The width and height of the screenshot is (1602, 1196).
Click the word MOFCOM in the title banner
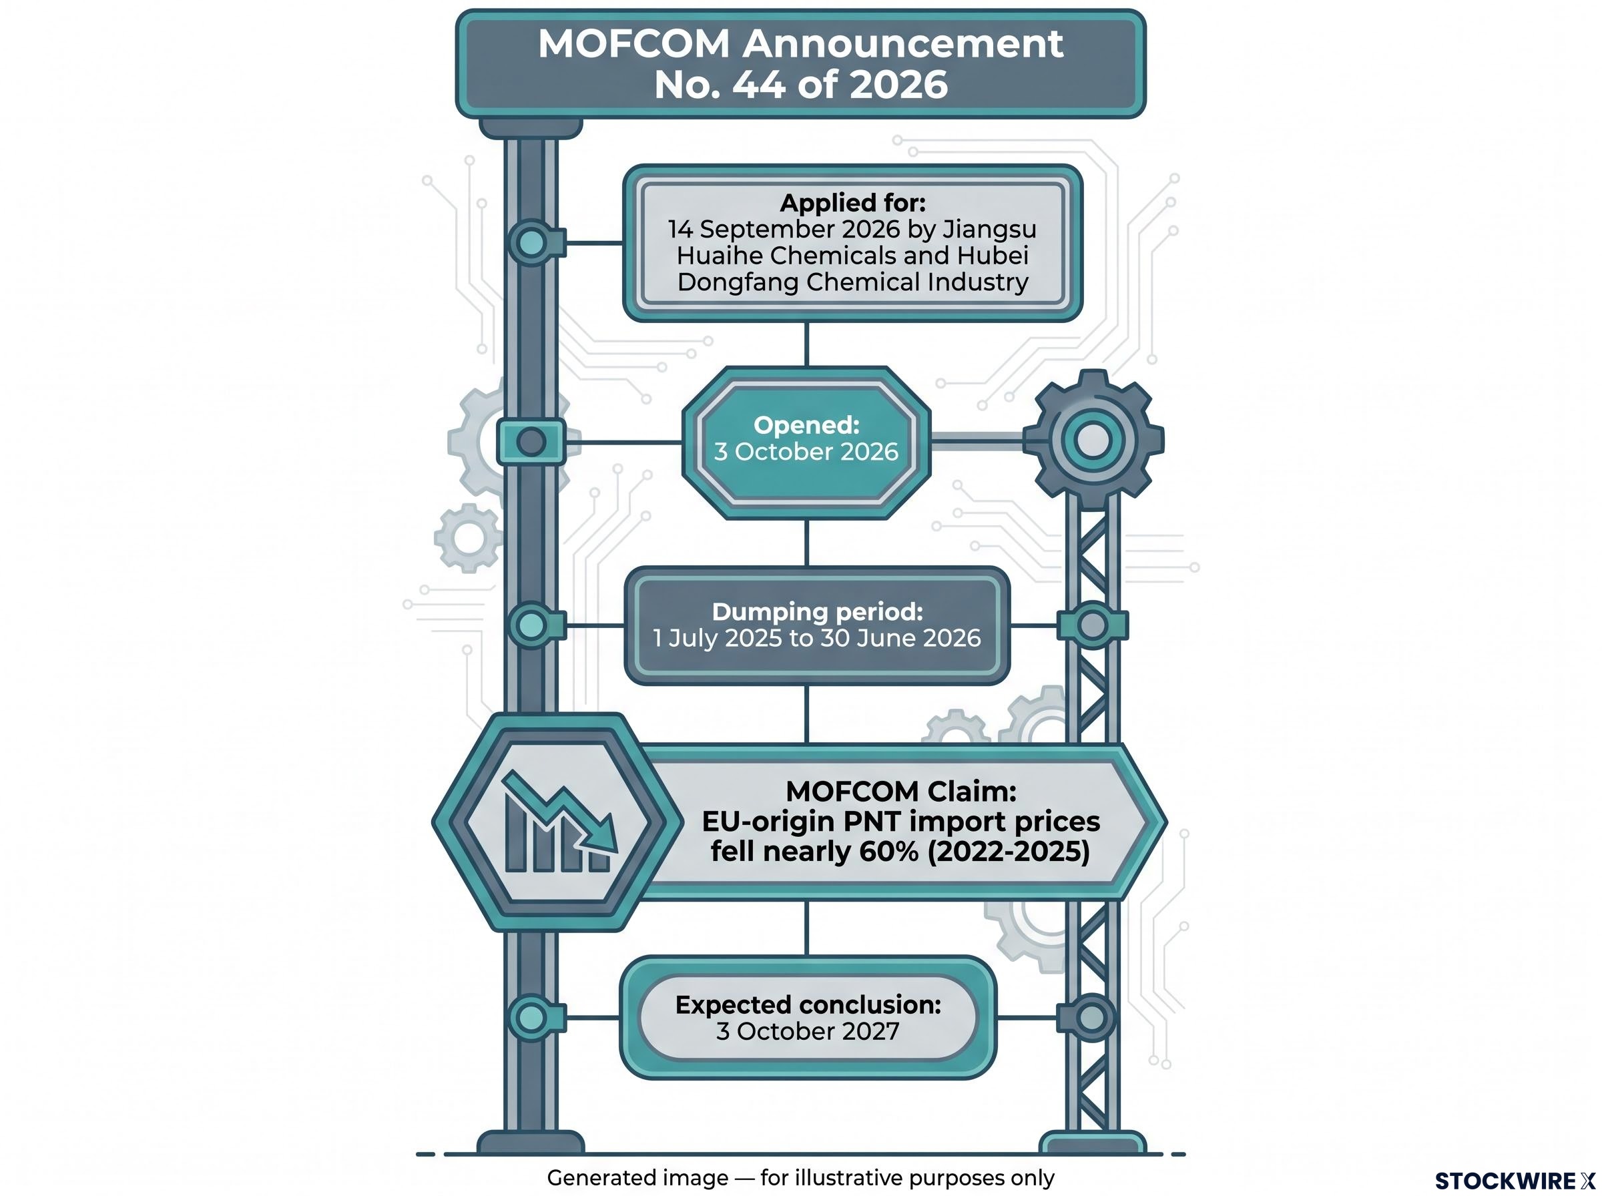click(x=633, y=43)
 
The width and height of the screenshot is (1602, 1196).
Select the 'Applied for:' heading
click(x=853, y=203)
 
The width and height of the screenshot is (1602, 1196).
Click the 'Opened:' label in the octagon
click(x=806, y=425)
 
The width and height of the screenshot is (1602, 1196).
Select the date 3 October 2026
click(x=806, y=452)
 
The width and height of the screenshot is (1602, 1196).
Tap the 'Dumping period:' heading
click(x=817, y=612)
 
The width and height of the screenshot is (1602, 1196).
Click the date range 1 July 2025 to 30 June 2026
click(x=816, y=638)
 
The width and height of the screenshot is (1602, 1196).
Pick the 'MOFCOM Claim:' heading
click(x=900, y=792)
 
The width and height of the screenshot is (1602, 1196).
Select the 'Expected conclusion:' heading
click(x=808, y=1005)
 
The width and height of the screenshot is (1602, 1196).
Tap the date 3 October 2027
click(x=808, y=1031)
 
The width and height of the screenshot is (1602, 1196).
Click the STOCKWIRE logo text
click(x=1515, y=1181)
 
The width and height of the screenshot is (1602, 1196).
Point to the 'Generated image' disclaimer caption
click(x=800, y=1178)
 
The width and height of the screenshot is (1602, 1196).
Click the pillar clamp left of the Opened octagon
click(x=531, y=442)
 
